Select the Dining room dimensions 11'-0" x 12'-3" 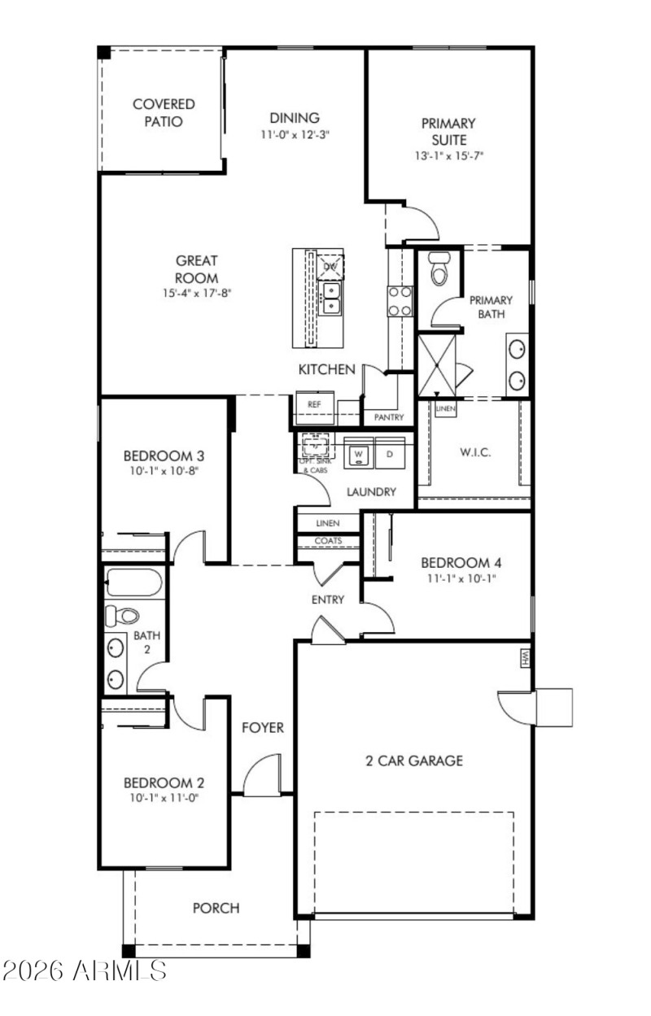(295, 134)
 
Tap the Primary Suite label (448, 131)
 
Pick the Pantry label (388, 417)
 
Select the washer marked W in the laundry (358, 454)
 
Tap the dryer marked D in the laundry (390, 454)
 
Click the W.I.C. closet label (474, 452)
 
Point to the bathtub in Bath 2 (134, 585)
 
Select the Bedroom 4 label (461, 563)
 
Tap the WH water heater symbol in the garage (524, 656)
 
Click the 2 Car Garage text (413, 761)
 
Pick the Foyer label (262, 727)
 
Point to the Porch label (216, 908)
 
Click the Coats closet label (328, 541)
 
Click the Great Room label (197, 269)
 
